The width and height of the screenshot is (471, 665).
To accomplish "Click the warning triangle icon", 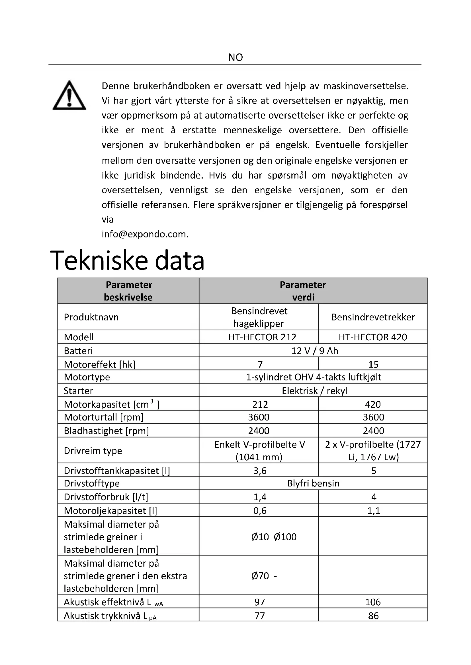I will pyautogui.click(x=69, y=96).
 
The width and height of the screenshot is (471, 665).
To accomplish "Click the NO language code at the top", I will pyautogui.click(x=235, y=57).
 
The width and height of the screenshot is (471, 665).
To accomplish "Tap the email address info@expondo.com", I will pyautogui.click(x=145, y=234).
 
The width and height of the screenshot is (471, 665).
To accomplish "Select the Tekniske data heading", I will pyautogui.click(x=127, y=260).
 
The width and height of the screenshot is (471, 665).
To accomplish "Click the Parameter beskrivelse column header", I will pyautogui.click(x=128, y=291).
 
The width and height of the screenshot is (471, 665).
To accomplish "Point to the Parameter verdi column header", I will pyautogui.click(x=303, y=291).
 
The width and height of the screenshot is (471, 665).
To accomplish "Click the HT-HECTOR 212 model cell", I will pyautogui.click(x=262, y=337).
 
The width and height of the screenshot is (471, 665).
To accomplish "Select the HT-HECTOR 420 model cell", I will pyautogui.click(x=373, y=337).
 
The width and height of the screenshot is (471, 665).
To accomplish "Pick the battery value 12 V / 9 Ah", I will pyautogui.click(x=315, y=351).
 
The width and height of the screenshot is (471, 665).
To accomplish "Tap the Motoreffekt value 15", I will pyautogui.click(x=373, y=364).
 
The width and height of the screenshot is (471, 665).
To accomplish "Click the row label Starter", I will pyautogui.click(x=79, y=391).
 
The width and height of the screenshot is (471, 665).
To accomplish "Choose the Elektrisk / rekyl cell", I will pyautogui.click(x=314, y=391).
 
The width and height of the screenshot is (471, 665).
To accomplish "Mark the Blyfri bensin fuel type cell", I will pyautogui.click(x=313, y=483).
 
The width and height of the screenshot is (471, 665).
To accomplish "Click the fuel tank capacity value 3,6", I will pyautogui.click(x=260, y=471).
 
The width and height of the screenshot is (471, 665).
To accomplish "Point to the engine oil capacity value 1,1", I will pyautogui.click(x=374, y=510).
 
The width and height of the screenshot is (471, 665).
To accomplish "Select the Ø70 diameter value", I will pyautogui.click(x=261, y=575).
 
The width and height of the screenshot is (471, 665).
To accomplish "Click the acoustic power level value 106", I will pyautogui.click(x=373, y=602).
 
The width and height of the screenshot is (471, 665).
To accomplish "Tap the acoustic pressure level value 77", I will pyautogui.click(x=260, y=616).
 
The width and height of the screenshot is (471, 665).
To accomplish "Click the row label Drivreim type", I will pyautogui.click(x=93, y=451).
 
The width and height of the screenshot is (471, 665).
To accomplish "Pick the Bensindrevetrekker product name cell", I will pyautogui.click(x=373, y=317).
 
